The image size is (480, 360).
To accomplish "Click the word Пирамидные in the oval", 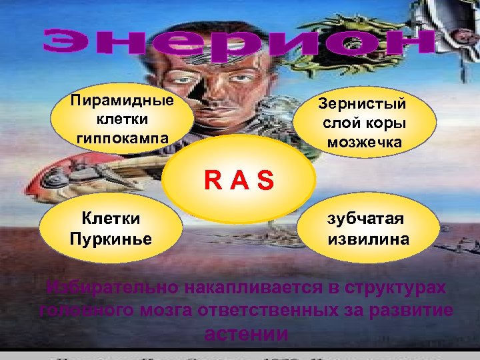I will tap(122, 101).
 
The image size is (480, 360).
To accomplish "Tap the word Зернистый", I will tap(362, 104).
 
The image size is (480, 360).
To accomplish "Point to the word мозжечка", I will tap(364, 142).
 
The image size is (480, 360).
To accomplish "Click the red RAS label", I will tap(239, 180).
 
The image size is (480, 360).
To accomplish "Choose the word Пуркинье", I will tap(110, 239).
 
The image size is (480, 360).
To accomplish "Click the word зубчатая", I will tap(365, 219).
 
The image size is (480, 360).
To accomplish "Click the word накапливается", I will tap(230, 288).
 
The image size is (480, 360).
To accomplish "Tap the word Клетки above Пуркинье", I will tap(110, 217).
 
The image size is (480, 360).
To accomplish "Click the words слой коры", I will tap(364, 123).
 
